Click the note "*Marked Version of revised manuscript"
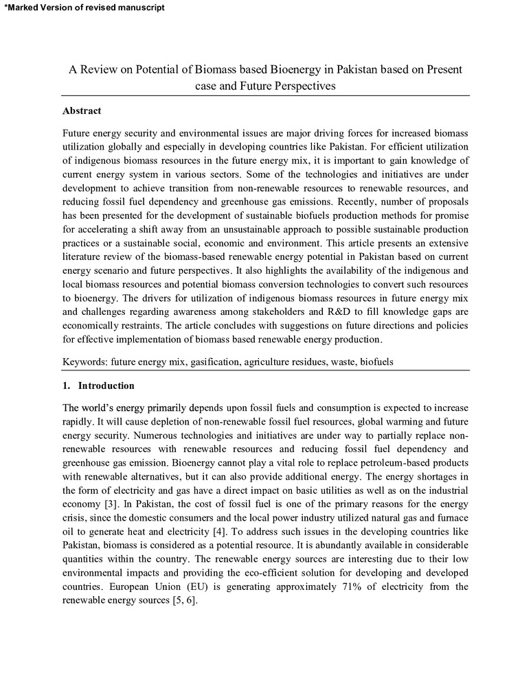84,8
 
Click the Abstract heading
82,111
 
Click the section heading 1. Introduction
98,386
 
